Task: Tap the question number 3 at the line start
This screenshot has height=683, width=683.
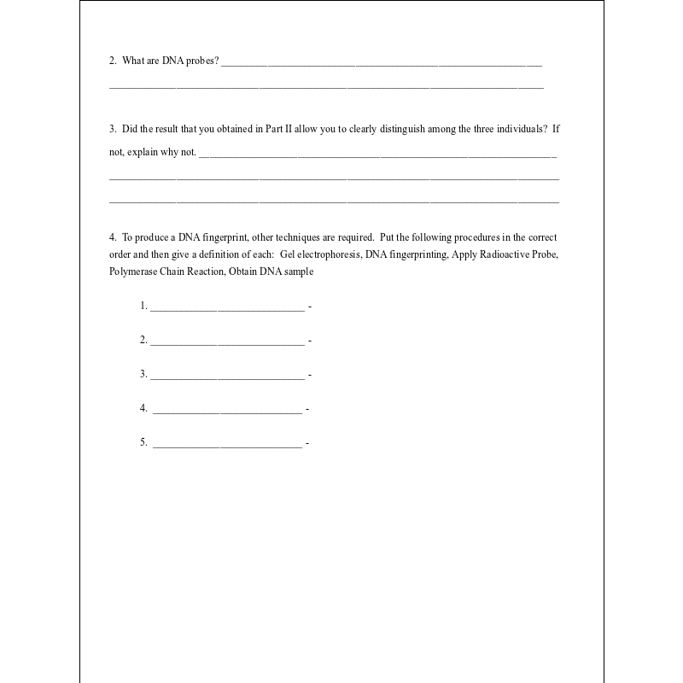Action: coord(112,130)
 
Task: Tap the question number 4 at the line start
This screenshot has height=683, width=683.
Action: coord(112,237)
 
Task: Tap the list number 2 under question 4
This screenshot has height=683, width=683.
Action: coord(143,340)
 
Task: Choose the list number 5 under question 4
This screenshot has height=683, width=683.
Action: coord(143,442)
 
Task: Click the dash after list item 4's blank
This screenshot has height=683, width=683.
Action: coord(307,409)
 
